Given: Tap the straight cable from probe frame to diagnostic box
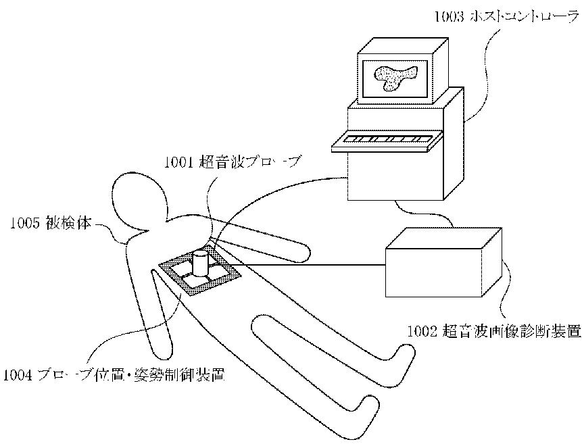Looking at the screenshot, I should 311,266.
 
